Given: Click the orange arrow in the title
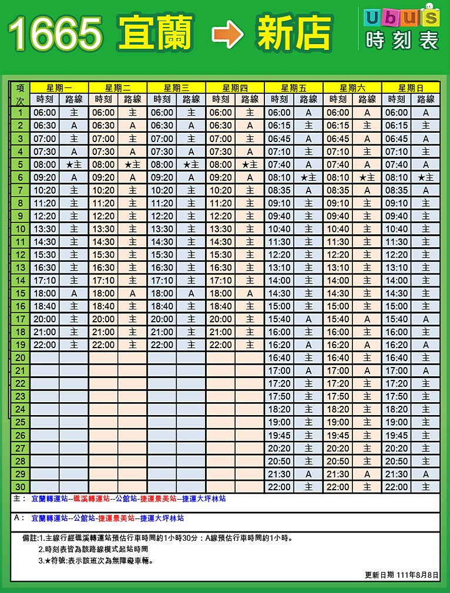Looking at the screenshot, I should [228, 35].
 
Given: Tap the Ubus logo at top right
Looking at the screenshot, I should [401, 17].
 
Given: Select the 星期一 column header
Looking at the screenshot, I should [59, 88].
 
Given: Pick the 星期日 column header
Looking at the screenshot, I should [411, 88].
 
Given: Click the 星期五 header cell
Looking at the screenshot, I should [294, 88].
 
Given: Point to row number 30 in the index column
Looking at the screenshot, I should [20, 487].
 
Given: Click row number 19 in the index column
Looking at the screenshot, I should [20, 345].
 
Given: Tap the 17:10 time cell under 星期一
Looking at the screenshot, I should [45, 281].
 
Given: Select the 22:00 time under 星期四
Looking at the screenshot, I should [221, 345].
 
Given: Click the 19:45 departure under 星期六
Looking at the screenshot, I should [338, 435].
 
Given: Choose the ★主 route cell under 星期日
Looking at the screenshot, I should [425, 177].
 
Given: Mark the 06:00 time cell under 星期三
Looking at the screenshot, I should [162, 113].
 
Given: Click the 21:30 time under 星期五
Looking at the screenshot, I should [280, 474].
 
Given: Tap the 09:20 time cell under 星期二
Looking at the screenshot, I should [103, 177].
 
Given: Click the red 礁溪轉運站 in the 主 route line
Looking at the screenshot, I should [91, 498].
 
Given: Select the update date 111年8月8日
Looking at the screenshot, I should [417, 574].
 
